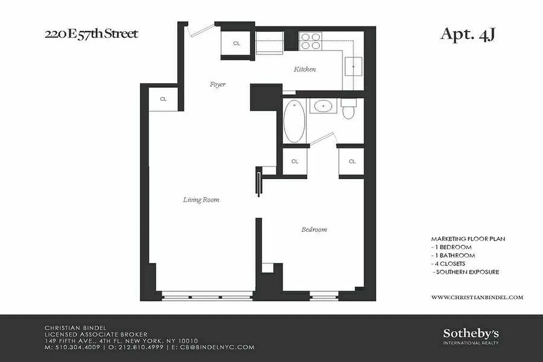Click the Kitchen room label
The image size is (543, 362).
tap(305, 69)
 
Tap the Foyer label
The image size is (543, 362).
tap(217, 84)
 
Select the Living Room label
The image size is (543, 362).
tap(201, 199)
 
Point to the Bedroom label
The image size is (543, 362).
tap(314, 229)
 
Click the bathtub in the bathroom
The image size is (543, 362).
tap(294, 121)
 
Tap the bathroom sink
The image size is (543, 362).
tap(323, 107)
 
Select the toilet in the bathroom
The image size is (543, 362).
tap(349, 110)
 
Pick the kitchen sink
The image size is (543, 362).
tap(353, 67)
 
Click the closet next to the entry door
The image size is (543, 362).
tap(236, 43)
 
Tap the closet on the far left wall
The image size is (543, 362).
tap(163, 99)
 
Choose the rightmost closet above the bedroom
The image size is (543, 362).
tap(352, 161)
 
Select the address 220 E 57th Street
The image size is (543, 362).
tap(91, 34)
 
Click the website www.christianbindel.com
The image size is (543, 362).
tap(477, 297)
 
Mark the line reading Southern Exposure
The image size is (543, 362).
tap(466, 272)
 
